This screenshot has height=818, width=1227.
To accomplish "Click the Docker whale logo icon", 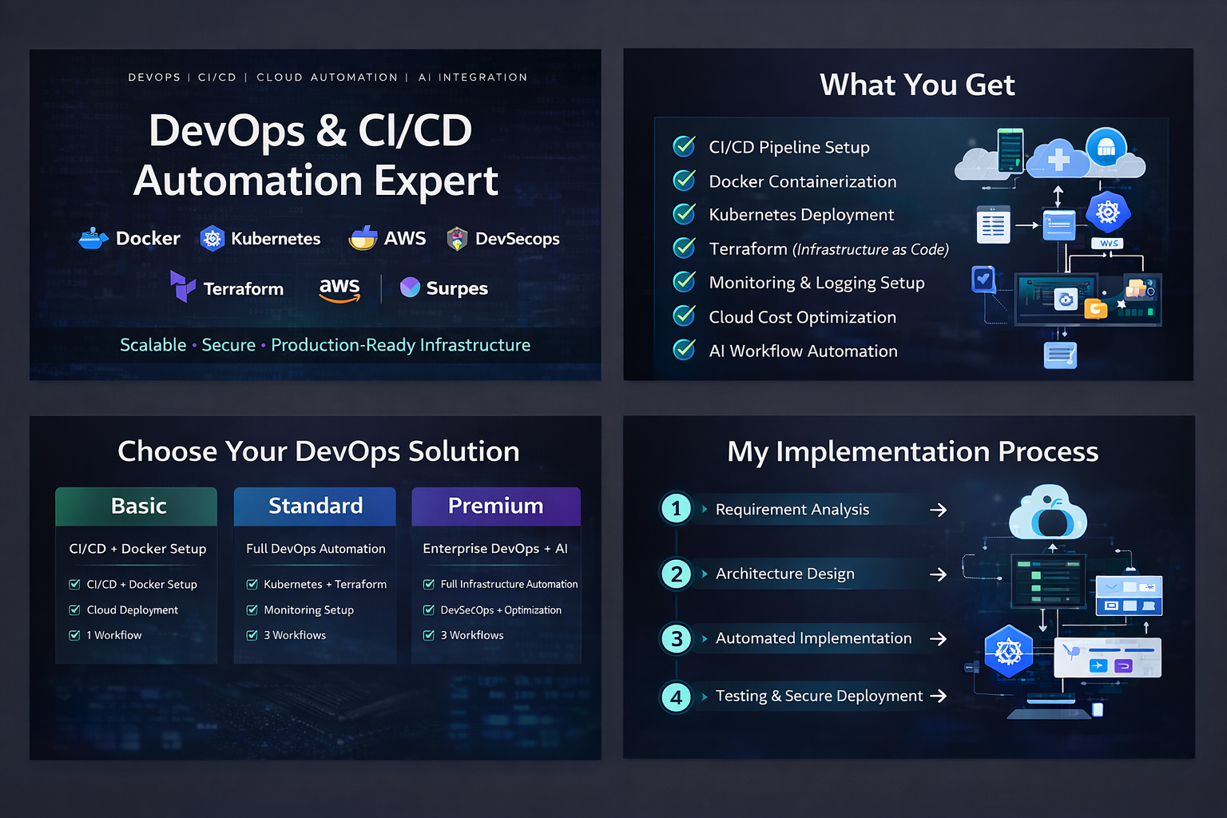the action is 93,238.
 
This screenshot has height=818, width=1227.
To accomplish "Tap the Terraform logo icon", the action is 182,286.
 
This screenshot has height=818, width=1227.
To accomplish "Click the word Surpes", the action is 457,288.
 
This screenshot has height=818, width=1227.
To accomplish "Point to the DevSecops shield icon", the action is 457,239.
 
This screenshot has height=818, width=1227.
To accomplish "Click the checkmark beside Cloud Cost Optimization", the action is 684,316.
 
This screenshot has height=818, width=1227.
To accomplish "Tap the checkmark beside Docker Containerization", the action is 684,181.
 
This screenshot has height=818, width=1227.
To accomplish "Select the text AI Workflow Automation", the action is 803,351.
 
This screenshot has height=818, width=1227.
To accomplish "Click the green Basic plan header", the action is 137,506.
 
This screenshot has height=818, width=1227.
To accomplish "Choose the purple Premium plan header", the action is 496,506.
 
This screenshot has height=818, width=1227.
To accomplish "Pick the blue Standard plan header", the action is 315,506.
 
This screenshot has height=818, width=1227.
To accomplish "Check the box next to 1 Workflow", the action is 74,635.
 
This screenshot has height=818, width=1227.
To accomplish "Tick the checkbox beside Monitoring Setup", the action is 252,610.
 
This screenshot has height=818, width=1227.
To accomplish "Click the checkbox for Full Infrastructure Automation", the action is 429,584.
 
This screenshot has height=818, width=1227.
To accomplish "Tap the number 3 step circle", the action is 677,639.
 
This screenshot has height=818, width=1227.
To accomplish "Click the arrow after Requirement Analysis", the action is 939,510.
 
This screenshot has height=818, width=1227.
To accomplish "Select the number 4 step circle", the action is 677,697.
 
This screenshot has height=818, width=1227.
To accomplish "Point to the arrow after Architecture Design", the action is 939,574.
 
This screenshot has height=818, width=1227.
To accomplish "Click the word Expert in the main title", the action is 436,182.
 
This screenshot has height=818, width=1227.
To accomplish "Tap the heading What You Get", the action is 917,85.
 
